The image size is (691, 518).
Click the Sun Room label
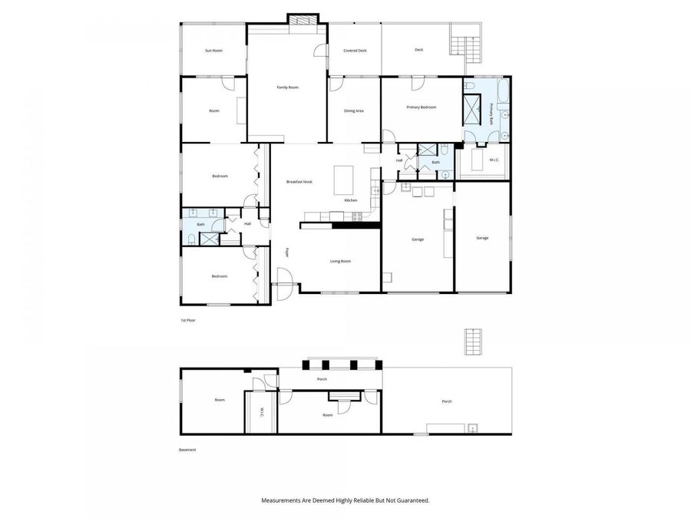click(x=213, y=51)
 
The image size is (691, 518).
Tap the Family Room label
click(x=287, y=87)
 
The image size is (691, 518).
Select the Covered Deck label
click(x=354, y=51)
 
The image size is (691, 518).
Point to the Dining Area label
click(x=354, y=111)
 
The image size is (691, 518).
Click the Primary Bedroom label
click(x=421, y=107)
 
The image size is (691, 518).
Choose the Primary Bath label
click(x=491, y=111)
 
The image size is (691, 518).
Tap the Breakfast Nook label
click(x=299, y=182)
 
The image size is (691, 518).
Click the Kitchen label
click(x=351, y=200)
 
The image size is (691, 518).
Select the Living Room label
click(x=340, y=262)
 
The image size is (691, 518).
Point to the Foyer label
click(x=286, y=252)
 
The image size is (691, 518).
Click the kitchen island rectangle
click(x=343, y=180)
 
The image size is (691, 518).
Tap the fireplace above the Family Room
click(x=302, y=18)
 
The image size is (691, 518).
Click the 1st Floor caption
click(x=188, y=319)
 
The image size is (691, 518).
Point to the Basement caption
click(x=188, y=450)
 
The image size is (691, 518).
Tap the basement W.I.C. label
click(x=261, y=412)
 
